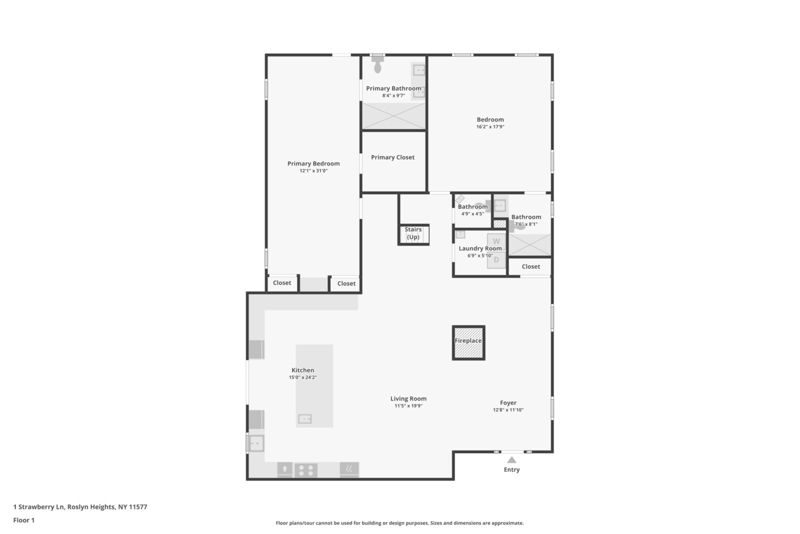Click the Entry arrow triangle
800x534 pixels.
coord(511,459)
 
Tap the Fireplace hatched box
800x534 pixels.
coord(468,342)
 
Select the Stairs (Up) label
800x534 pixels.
coord(413,233)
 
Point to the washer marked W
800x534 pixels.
coord(496,241)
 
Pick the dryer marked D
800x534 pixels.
coord(496,259)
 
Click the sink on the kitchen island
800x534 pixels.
coord(305,419)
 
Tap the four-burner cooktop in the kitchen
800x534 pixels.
coord(305,470)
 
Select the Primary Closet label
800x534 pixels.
coord(392,157)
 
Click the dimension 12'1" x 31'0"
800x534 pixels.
coord(313,171)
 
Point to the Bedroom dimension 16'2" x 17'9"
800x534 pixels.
coord(490,127)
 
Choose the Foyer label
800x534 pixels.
coord(508,402)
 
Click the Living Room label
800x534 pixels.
coord(408,399)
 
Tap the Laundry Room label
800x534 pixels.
coord(480,248)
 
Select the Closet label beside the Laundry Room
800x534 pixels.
coord(530,266)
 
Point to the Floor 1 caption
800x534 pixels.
coord(24,520)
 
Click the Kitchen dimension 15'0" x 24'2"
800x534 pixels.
coord(302,377)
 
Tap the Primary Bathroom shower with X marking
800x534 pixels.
coord(393,116)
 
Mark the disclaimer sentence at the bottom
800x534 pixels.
coord(399,523)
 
